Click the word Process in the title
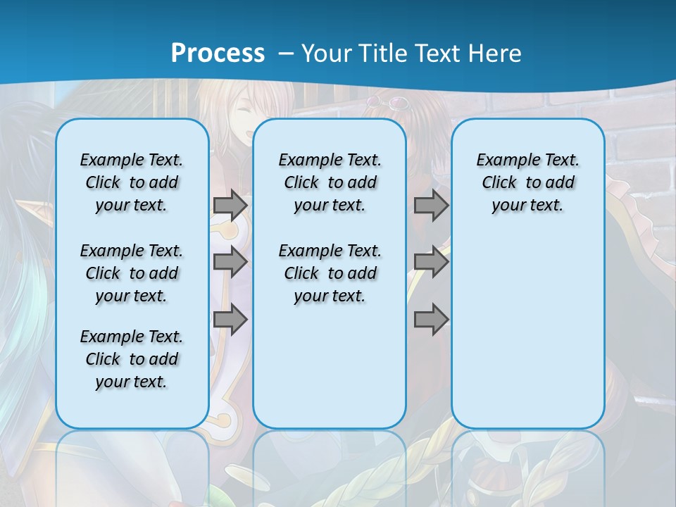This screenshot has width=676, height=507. pyautogui.click(x=218, y=53)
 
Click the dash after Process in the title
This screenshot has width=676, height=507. pyautogui.click(x=286, y=54)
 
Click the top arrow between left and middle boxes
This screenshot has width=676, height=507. pyautogui.click(x=230, y=205)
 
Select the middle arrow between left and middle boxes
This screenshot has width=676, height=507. pyautogui.click(x=230, y=262)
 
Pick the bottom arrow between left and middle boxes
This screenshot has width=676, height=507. pyautogui.click(x=230, y=319)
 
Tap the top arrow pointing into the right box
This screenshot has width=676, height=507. pyautogui.click(x=431, y=205)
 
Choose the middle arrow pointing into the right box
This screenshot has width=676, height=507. pyautogui.click(x=431, y=262)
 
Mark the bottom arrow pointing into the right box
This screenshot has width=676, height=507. pyautogui.click(x=431, y=319)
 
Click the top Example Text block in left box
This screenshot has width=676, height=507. pyautogui.click(x=132, y=182)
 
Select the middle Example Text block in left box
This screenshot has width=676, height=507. pyautogui.click(x=132, y=273)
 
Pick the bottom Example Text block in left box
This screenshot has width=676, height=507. pyautogui.click(x=132, y=359)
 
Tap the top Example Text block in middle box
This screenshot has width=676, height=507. pyautogui.click(x=330, y=182)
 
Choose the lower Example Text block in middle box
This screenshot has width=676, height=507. pyautogui.click(x=330, y=273)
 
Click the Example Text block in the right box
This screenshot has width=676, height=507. pyautogui.click(x=527, y=182)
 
